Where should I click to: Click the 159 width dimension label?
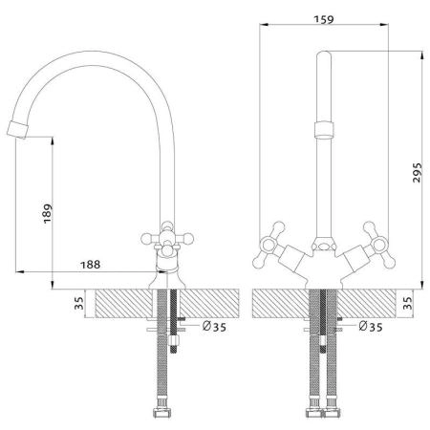point(324,19)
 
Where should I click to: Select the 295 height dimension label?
point(417,173)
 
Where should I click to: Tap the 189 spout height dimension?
point(48,213)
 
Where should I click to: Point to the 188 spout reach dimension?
point(91,265)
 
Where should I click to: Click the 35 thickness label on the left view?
point(78,303)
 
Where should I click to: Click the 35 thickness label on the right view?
point(407,303)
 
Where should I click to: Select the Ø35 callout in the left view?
point(214,327)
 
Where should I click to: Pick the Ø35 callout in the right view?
point(371,327)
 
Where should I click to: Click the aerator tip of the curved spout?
point(17,130)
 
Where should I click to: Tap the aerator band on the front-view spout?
point(324,130)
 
